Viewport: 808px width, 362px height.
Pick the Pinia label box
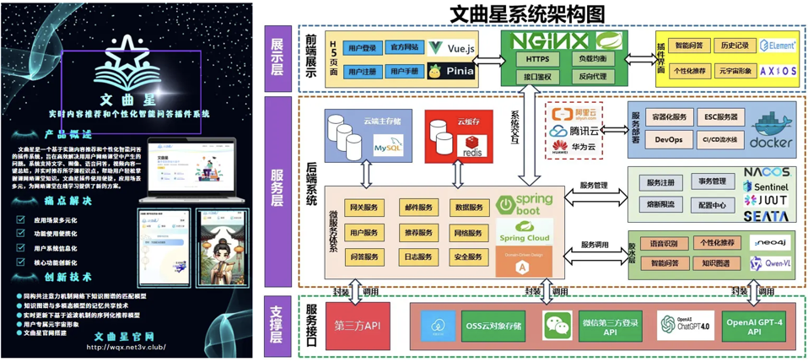(x=452, y=72)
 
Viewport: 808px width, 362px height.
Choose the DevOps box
(x=669, y=139)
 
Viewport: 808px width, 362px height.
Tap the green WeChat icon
(x=557, y=325)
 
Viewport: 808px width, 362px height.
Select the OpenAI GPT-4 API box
(x=753, y=327)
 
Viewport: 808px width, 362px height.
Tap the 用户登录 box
(x=362, y=48)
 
